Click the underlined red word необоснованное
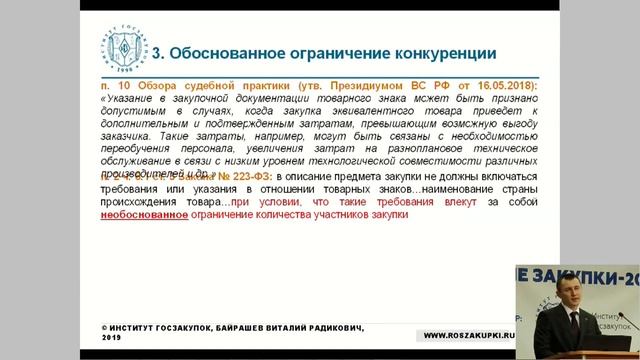click(x=147, y=215)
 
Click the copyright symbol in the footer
click(x=106, y=328)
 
